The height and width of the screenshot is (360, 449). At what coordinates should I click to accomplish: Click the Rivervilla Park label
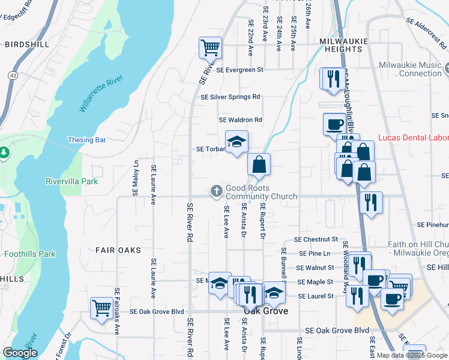pos(71,181)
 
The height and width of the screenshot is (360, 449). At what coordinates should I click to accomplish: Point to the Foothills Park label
pos(30,254)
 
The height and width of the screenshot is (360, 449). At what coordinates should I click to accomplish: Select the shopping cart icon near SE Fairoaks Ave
pos(101,308)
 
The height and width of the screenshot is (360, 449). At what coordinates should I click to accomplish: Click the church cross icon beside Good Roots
pos(216,191)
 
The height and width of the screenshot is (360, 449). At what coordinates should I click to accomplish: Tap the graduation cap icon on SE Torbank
pos(237,142)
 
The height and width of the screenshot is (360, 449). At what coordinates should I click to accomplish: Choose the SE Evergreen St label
pos(240,70)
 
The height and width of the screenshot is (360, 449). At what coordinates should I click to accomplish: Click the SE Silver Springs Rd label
pos(231,97)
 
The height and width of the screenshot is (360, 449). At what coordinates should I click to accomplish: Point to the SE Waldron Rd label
pos(241,120)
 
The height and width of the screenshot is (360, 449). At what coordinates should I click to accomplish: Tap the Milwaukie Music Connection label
pos(411,69)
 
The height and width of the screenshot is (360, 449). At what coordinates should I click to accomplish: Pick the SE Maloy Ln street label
pos(136,178)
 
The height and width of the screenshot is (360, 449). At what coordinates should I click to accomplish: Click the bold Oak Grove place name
pos(265,311)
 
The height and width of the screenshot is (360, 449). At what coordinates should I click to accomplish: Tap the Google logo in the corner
pos(20,353)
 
